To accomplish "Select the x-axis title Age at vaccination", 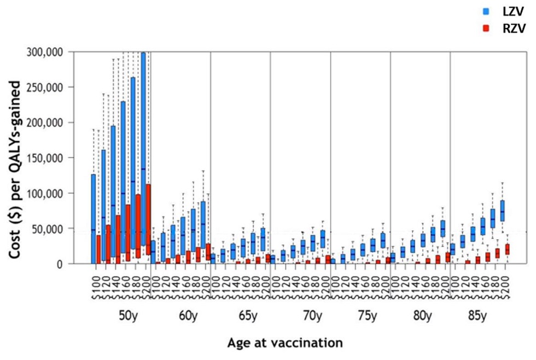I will [285, 343].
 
